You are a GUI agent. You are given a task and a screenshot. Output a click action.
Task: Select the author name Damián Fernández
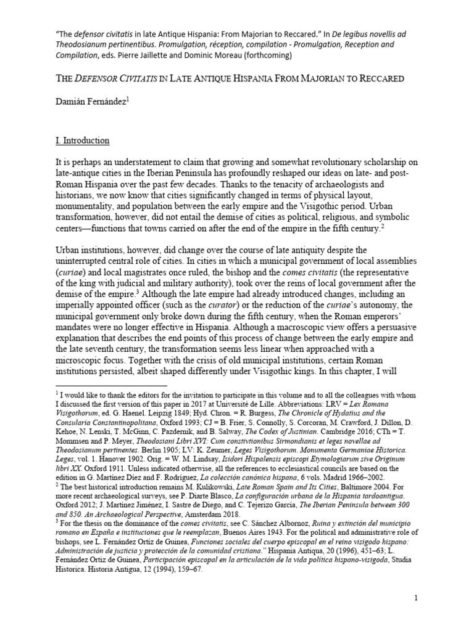[x=90, y=105]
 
